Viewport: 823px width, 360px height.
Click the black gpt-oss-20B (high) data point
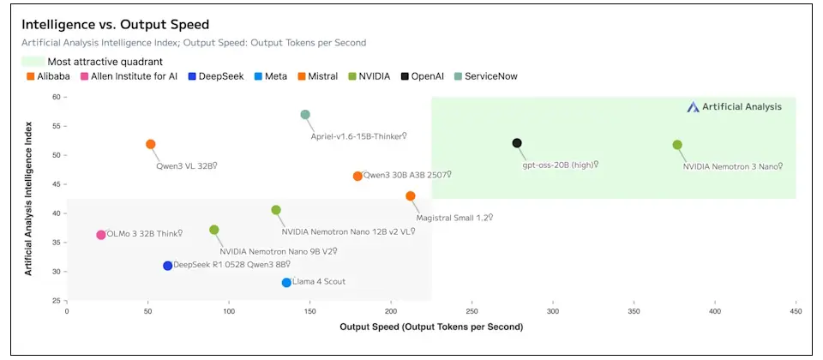point(517,143)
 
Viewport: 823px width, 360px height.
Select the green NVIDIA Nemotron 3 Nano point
point(677,145)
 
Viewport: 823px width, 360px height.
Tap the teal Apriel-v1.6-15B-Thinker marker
point(305,114)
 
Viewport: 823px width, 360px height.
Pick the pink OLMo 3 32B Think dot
point(101,235)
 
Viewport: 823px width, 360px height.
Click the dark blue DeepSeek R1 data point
point(168,266)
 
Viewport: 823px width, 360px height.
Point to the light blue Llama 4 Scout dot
point(286,282)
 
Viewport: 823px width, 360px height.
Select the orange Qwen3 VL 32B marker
point(151,144)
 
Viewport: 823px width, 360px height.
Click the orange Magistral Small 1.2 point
point(411,196)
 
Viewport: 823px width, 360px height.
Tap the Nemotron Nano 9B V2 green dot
point(214,230)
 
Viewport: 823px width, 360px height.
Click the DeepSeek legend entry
point(216,76)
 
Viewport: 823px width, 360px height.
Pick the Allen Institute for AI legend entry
point(129,76)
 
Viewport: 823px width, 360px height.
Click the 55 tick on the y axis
point(57,127)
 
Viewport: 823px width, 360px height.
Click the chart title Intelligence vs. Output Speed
point(116,24)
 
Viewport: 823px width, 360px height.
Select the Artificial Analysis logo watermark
point(735,107)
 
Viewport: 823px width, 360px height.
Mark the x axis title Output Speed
point(431,327)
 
